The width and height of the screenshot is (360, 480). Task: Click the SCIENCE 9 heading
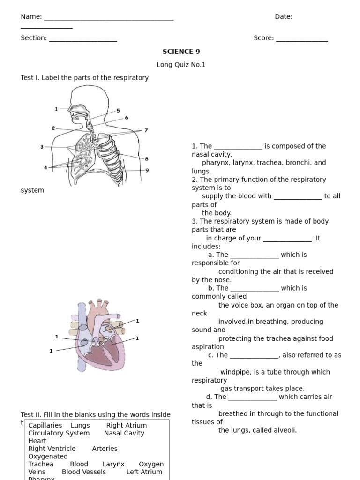tap(181, 52)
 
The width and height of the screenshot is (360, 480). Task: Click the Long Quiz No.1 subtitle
tap(181, 65)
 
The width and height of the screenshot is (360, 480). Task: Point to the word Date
tap(283, 17)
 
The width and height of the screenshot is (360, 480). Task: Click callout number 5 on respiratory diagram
tap(118, 111)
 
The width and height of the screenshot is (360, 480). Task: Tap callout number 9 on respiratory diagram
tap(147, 170)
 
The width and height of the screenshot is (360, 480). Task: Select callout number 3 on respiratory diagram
tap(42, 147)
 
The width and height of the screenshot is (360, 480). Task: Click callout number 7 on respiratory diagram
tap(146, 130)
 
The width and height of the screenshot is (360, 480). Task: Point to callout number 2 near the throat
tap(53, 128)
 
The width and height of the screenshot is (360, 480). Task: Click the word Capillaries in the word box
tap(45, 425)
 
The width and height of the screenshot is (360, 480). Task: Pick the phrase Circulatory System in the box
tap(59, 433)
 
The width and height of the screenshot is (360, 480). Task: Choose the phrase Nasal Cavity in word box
tap(124, 433)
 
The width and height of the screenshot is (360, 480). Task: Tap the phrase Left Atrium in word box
tap(144, 472)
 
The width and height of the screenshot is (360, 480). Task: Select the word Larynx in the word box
tap(113, 464)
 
